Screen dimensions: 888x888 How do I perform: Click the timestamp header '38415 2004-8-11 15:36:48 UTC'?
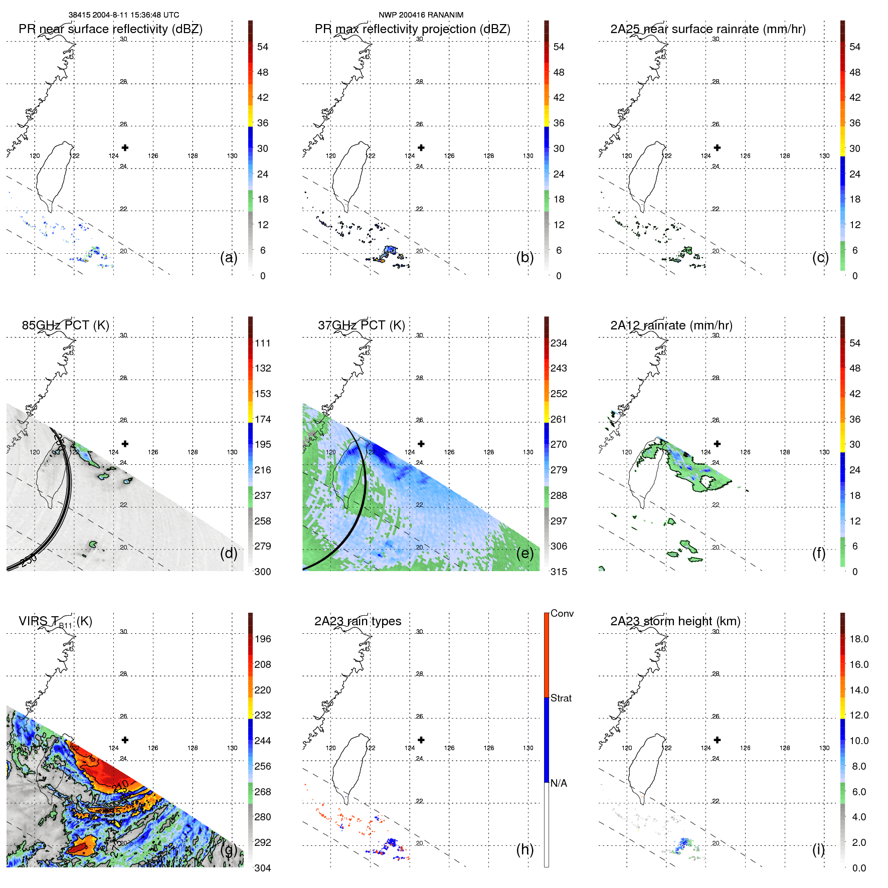[123, 15]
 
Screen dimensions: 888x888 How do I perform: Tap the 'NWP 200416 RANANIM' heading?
[421, 15]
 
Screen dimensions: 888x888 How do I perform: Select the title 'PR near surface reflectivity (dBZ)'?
[110, 29]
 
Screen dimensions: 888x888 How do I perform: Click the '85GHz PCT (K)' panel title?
[65, 325]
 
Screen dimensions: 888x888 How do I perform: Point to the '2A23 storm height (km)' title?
[675, 621]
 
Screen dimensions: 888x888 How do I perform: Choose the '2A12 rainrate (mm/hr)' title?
[671, 325]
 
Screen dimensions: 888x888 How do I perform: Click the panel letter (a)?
[229, 257]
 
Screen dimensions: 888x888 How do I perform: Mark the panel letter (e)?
[525, 553]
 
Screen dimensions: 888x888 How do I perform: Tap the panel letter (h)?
[525, 849]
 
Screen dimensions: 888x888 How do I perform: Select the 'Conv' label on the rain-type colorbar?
[562, 614]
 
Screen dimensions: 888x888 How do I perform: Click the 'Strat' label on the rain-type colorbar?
[561, 698]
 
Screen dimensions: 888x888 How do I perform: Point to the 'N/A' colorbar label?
[559, 783]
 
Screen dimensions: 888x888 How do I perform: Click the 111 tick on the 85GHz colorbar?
[262, 343]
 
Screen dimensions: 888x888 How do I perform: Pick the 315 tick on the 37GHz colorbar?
[559, 572]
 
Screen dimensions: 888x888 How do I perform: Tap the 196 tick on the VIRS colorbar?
[262, 639]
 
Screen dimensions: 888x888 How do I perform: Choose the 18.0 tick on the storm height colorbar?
[858, 639]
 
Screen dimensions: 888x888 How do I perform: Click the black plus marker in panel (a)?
[125, 148]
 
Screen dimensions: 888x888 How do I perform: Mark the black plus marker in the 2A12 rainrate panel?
[717, 444]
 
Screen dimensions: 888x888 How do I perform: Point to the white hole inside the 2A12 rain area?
[707, 482]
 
